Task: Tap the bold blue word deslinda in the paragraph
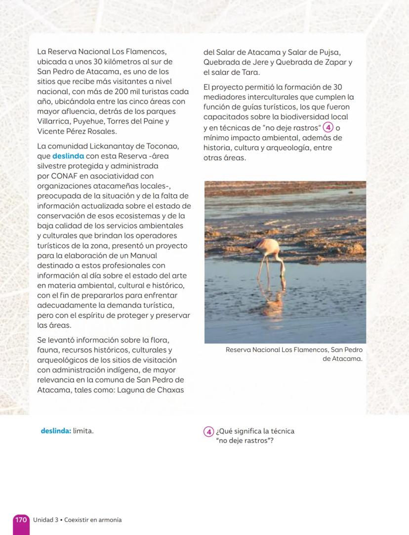click(x=68, y=156)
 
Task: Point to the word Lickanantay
click(x=112, y=147)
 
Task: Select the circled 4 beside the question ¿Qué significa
click(x=208, y=431)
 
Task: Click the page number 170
click(x=21, y=520)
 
